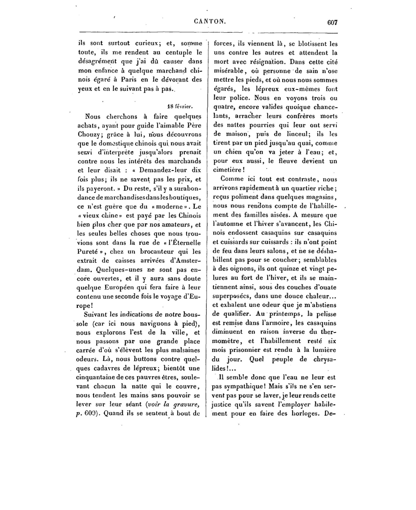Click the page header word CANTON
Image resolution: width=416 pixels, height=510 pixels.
coord(210,22)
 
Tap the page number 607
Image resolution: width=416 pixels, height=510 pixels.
coord(332,23)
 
